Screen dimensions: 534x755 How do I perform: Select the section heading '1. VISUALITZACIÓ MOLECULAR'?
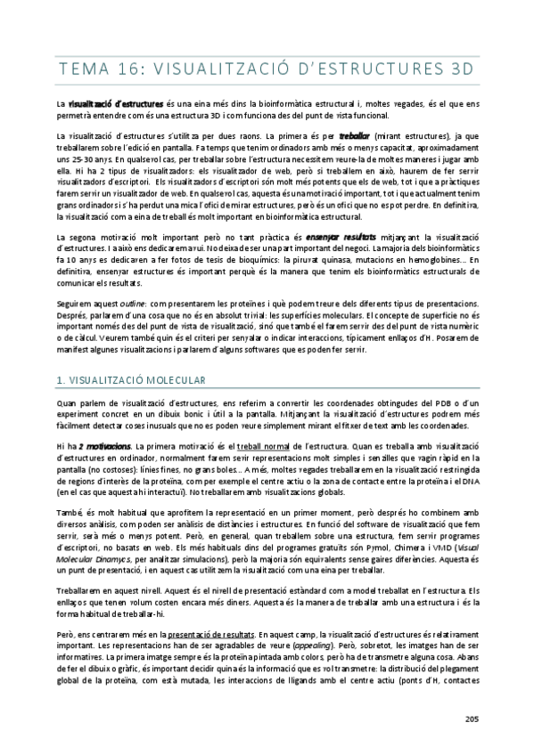coord(129,380)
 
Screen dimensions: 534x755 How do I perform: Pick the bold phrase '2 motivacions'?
coord(103,444)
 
